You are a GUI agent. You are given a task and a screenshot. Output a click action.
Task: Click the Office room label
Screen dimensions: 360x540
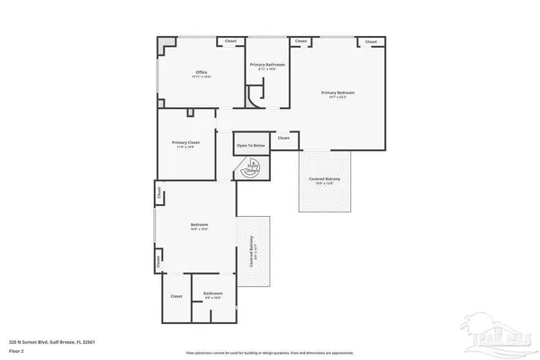click(202, 73)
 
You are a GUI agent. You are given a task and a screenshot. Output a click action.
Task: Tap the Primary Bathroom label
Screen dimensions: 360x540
click(267, 65)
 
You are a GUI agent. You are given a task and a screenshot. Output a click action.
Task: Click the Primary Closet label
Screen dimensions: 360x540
click(186, 143)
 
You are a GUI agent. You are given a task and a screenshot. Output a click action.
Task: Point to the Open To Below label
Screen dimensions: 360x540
click(251, 145)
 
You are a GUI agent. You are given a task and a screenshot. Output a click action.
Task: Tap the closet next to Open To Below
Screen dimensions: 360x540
click(283, 138)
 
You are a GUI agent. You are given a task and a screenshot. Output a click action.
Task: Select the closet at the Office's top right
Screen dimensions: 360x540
click(230, 41)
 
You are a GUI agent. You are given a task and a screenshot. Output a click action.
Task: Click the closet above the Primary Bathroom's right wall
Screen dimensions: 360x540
click(301, 41)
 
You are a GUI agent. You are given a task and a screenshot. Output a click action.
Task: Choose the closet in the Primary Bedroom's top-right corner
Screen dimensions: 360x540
click(370, 41)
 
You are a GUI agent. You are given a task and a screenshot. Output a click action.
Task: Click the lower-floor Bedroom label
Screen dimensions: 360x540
click(199, 225)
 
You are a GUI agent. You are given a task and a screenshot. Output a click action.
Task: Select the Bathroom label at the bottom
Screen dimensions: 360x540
click(213, 293)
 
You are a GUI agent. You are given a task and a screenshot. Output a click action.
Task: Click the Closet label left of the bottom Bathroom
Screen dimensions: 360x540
click(176, 296)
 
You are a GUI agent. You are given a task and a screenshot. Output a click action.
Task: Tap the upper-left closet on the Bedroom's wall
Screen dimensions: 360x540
click(159, 192)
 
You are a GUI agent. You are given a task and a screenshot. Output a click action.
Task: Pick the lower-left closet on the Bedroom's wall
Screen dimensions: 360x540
click(159, 262)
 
